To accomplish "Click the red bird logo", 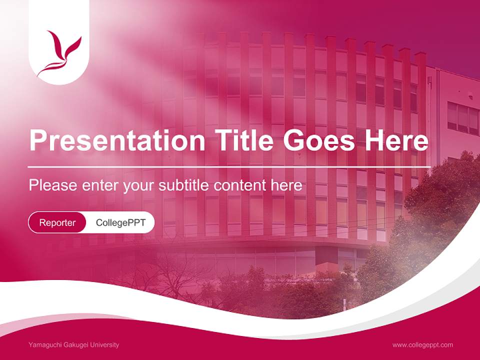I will pyautogui.click(x=60, y=52).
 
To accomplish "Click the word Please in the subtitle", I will pyautogui.click(x=52, y=185).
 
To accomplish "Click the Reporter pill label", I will pyautogui.click(x=57, y=222).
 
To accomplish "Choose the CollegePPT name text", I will pyautogui.click(x=120, y=222).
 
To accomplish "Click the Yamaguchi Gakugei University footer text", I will pyautogui.click(x=74, y=345).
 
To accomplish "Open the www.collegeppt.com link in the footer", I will pyautogui.click(x=422, y=345).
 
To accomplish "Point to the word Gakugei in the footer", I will pyautogui.click(x=73, y=345).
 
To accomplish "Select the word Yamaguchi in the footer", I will pyautogui.click(x=44, y=345).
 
